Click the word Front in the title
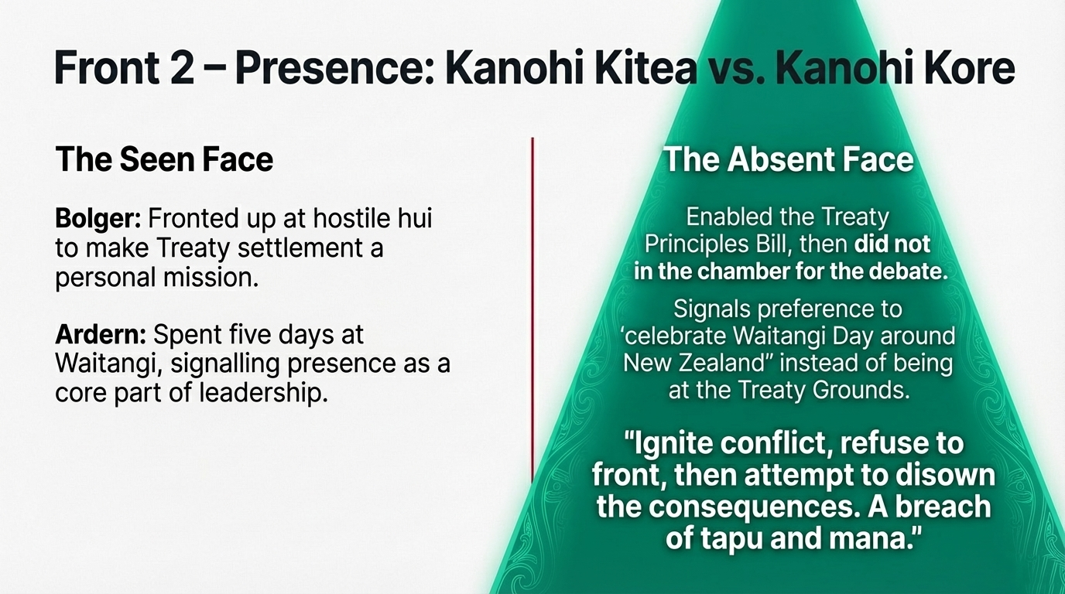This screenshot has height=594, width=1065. click(107, 68)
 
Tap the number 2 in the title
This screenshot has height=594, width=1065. click(182, 68)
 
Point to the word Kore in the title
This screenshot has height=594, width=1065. click(966, 68)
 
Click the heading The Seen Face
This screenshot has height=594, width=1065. click(164, 159)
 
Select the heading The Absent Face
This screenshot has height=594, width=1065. click(788, 159)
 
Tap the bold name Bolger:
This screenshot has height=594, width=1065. click(98, 219)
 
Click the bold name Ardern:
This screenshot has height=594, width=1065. click(101, 335)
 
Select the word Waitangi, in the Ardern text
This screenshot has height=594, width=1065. click(109, 364)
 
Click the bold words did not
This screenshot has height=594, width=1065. click(892, 244)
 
